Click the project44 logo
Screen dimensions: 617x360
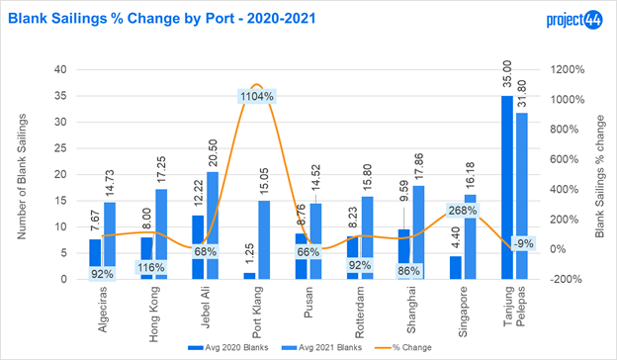574,19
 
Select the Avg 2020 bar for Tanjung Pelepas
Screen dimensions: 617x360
507,187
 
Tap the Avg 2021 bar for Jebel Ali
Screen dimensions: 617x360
213,225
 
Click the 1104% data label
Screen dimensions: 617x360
257,96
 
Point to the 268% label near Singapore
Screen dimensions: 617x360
463,211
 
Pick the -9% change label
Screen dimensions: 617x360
523,243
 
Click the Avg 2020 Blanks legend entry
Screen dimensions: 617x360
228,347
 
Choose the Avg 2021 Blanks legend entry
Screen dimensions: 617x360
322,347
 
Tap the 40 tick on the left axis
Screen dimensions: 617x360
60,69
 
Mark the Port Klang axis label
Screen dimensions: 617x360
256,313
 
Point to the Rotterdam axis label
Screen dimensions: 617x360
359,313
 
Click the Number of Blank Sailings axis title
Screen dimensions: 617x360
21,176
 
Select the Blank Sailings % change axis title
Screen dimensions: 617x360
599,176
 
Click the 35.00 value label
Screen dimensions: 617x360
507,74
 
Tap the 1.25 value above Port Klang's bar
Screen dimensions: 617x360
250,254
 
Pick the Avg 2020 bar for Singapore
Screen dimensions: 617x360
456,268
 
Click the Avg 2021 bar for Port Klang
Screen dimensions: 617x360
264,240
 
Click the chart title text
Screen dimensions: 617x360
162,19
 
